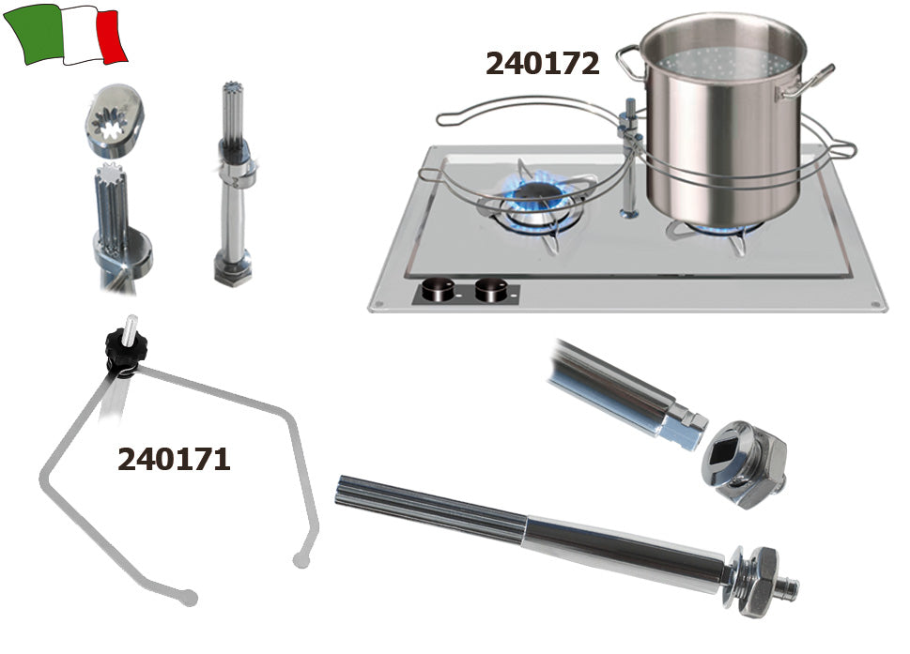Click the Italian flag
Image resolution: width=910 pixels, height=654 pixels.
pyautogui.click(x=65, y=34)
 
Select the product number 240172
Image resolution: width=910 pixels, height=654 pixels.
pyautogui.click(x=542, y=63)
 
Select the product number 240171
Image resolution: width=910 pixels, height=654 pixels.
pyautogui.click(x=174, y=459)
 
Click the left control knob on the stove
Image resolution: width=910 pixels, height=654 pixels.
pyautogui.click(x=439, y=289)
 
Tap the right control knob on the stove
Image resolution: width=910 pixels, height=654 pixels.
pyautogui.click(x=491, y=289)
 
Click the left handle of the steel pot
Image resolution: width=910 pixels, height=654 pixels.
pyautogui.click(x=630, y=63)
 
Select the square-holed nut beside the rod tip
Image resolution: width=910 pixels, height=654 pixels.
pyautogui.click(x=744, y=464)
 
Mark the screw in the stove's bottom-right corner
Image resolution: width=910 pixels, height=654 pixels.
pyautogui.click(x=874, y=304)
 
